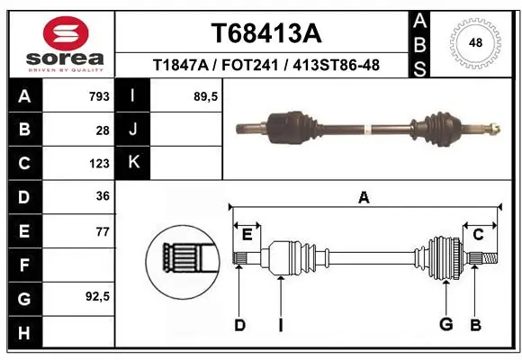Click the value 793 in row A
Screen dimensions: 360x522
(x=99, y=96)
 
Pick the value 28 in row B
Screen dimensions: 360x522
(x=103, y=130)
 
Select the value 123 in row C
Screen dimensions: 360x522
(x=99, y=164)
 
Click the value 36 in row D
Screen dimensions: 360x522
(x=103, y=197)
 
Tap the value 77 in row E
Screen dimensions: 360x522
(x=103, y=231)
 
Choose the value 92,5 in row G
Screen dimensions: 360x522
(x=97, y=296)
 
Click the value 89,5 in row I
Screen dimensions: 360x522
(x=207, y=96)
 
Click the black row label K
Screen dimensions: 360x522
(x=133, y=164)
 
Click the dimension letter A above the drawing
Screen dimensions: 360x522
(x=364, y=197)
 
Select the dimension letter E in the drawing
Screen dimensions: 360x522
(x=247, y=235)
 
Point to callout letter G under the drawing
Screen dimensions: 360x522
(x=445, y=325)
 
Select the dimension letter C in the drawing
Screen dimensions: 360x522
(x=479, y=235)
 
